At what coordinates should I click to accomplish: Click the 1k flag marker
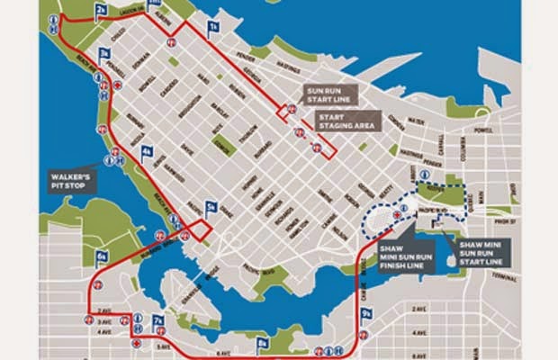(212, 27)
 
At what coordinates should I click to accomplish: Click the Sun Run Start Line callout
(330, 94)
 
